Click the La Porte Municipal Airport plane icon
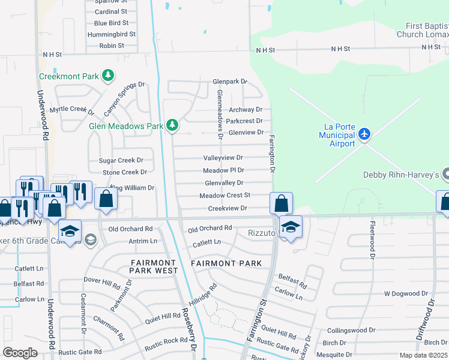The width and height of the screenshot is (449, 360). (364, 135)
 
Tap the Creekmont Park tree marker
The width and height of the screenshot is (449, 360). (108, 76)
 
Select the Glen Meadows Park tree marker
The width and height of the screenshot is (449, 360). (172, 125)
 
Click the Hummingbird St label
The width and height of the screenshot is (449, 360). (112, 34)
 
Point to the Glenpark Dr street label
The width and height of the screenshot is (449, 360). (230, 81)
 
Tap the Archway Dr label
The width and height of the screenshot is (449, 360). (246, 109)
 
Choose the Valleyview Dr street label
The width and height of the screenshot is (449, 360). (223, 157)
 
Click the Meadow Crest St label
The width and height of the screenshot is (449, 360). (224, 195)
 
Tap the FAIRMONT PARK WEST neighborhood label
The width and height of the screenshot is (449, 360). (154, 266)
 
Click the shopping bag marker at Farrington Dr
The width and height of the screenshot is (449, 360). (281, 203)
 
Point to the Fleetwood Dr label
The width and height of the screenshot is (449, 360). (373, 247)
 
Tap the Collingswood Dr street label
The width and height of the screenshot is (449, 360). (351, 330)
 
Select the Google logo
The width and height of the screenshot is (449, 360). (20, 353)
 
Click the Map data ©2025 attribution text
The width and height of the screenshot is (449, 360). (423, 355)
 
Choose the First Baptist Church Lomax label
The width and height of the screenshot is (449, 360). (423, 30)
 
